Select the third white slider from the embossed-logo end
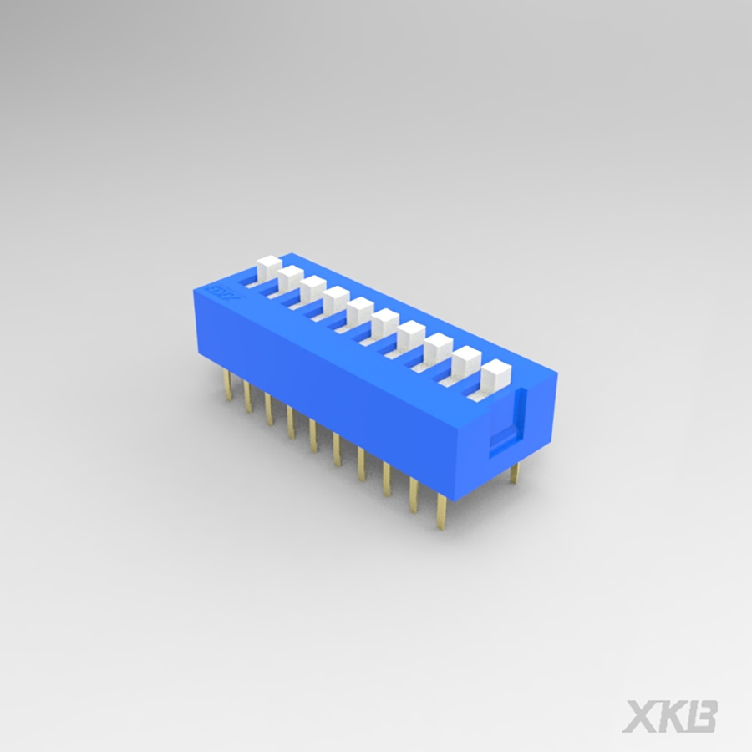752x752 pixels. pyautogui.click(x=312, y=287)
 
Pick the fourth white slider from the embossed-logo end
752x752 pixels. pyautogui.click(x=336, y=298)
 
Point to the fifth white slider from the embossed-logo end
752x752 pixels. pyautogui.click(x=360, y=309)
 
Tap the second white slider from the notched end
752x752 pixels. pyautogui.click(x=467, y=359)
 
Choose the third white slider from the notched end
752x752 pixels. pyautogui.click(x=439, y=346)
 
